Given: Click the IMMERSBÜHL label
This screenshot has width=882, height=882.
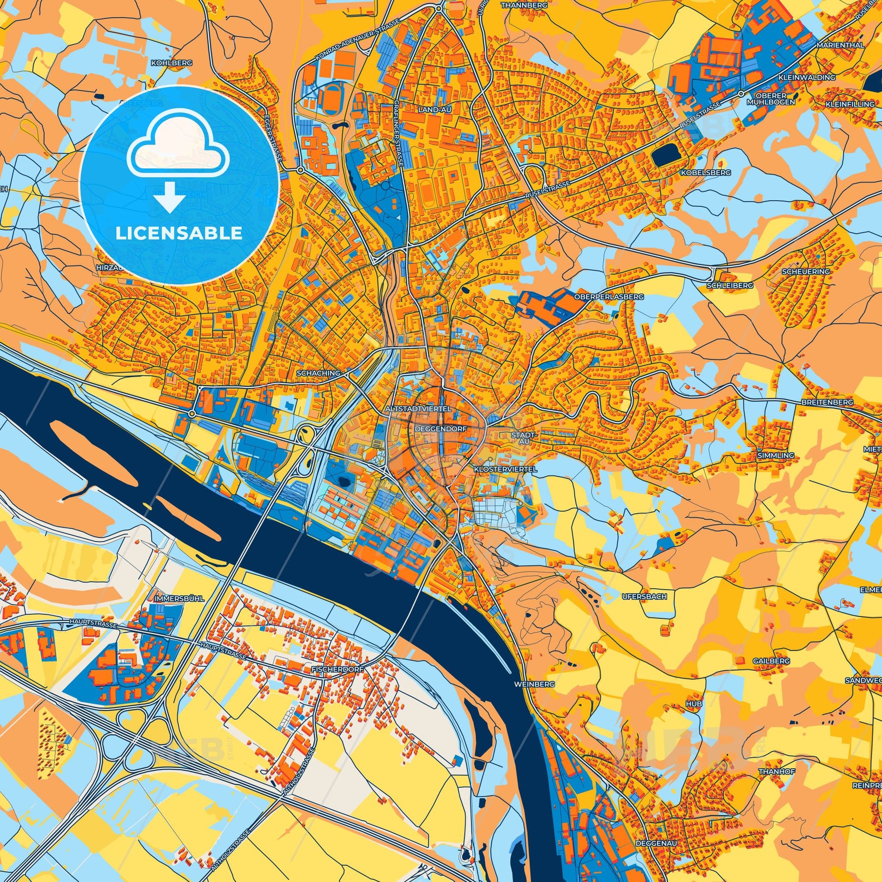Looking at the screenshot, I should coord(174,597).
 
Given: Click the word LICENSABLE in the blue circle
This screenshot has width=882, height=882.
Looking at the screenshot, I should coord(179,233).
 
